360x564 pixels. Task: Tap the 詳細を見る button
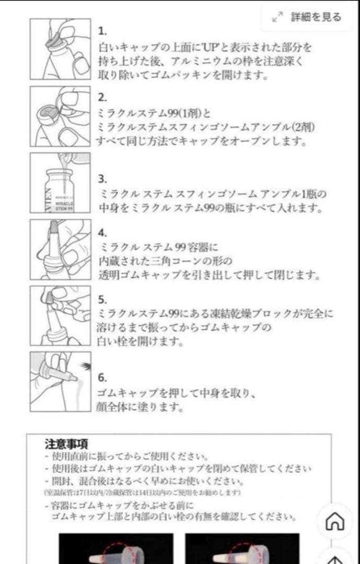315,17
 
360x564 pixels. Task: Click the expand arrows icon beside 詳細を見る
277,18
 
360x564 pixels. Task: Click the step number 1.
102,31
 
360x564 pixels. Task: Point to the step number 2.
102,98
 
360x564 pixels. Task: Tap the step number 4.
102,233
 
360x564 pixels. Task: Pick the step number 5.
102,300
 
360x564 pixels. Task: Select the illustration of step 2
60,116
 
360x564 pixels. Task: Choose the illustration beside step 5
60,315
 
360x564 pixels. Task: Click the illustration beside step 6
60,382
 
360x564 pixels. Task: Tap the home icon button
334,521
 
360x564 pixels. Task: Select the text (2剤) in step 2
303,127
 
